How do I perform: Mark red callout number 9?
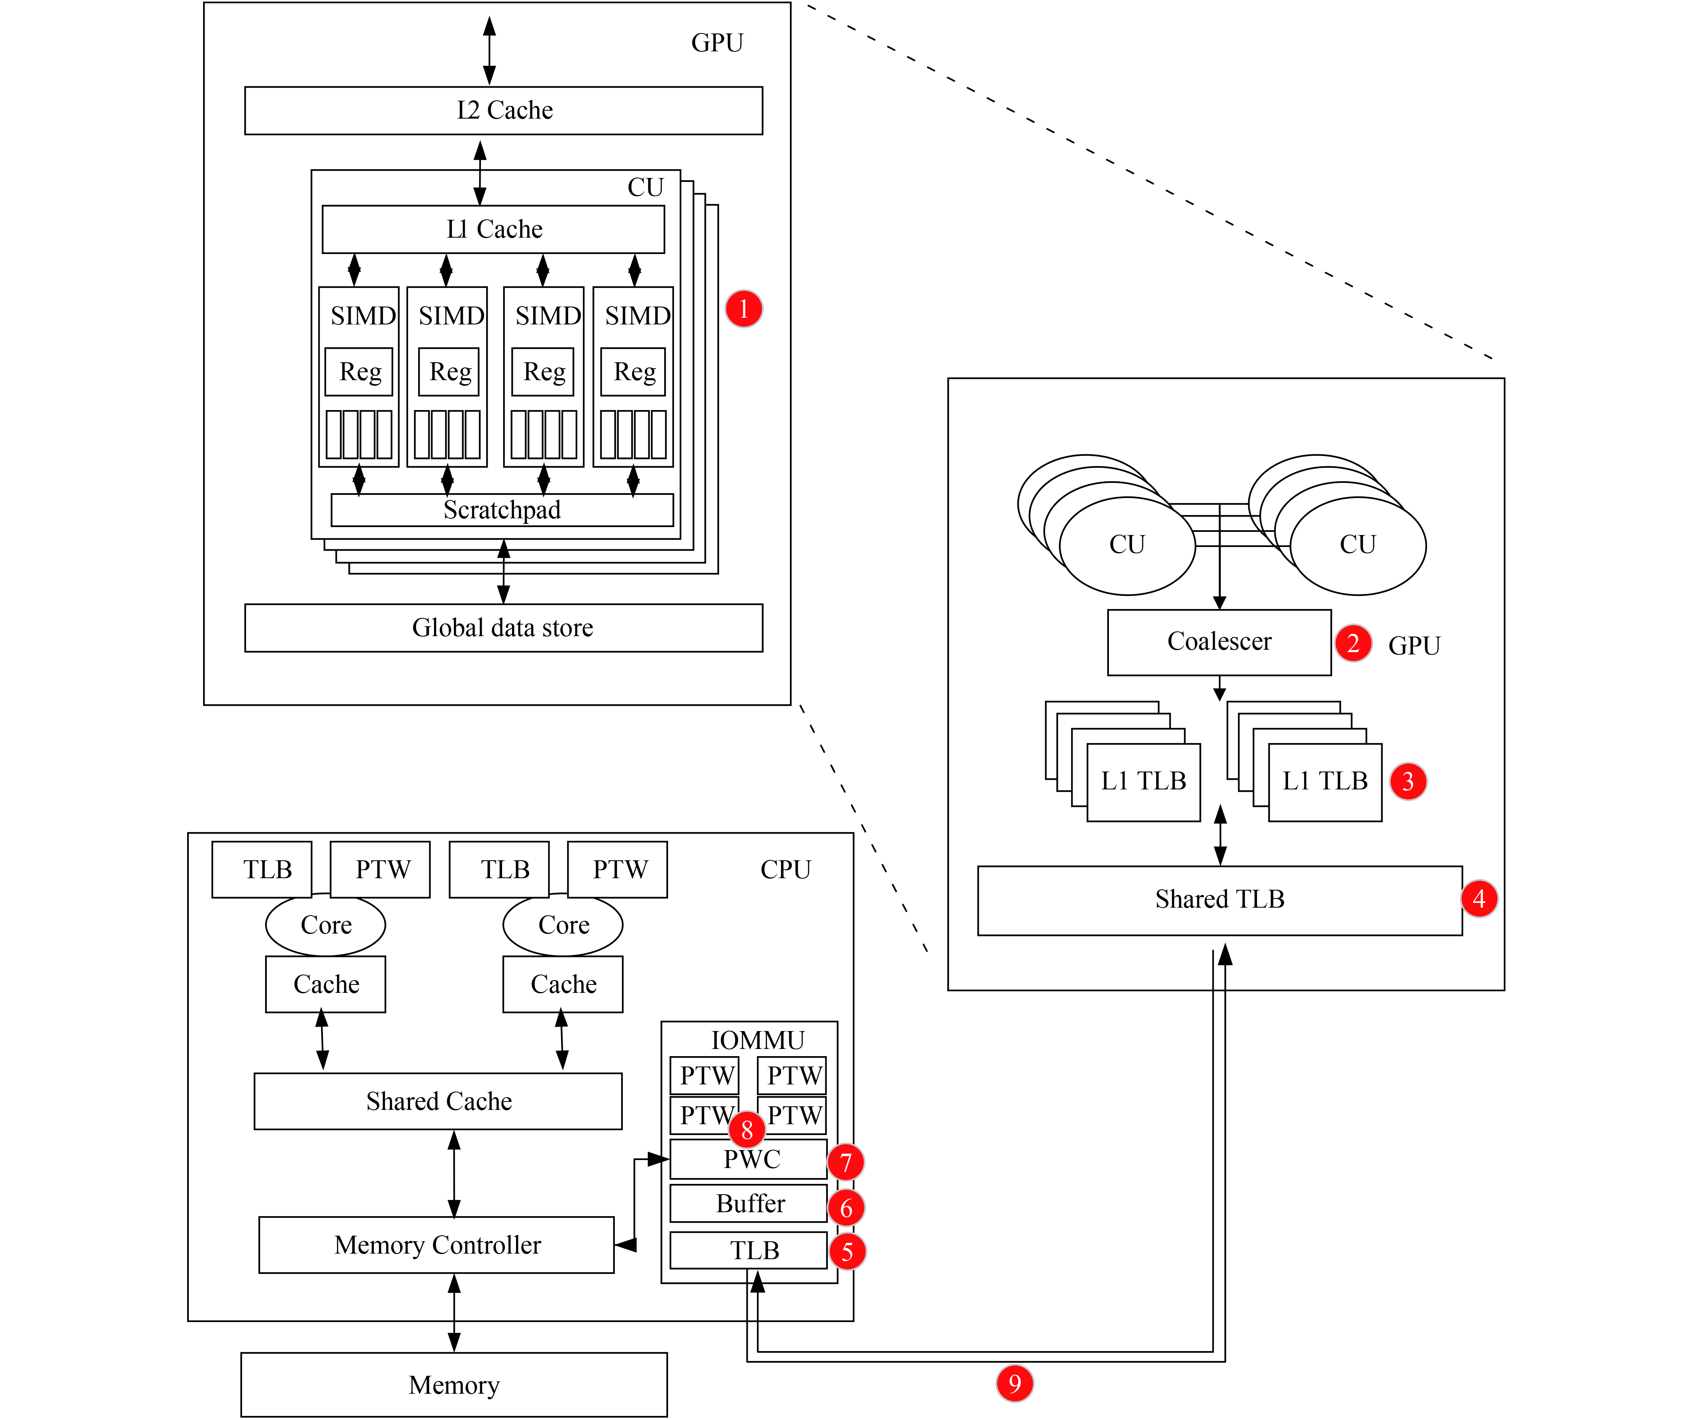(x=1014, y=1383)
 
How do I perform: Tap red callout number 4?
(x=1478, y=898)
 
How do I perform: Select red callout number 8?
(x=747, y=1130)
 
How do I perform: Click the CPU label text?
(x=785, y=869)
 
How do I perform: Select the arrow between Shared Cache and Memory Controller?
(x=454, y=1174)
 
